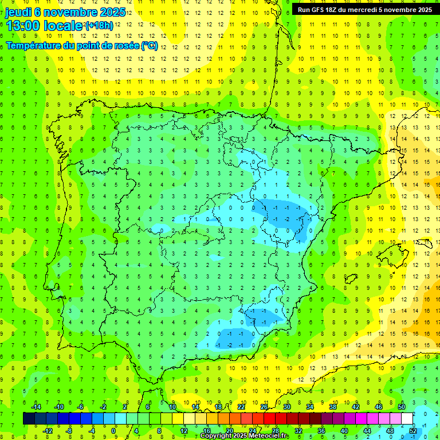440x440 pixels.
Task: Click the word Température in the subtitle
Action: click(x=35, y=46)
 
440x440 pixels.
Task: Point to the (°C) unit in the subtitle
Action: click(x=149, y=46)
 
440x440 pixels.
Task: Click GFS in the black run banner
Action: click(x=319, y=9)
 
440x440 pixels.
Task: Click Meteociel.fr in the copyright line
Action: click(x=268, y=436)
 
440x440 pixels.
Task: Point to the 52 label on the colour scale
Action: click(x=412, y=431)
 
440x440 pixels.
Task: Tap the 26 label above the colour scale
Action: click(x=264, y=406)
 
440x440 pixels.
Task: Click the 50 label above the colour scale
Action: click(x=401, y=406)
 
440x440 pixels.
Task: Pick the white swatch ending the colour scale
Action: click(x=407, y=419)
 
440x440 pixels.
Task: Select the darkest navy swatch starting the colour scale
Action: click(x=29, y=419)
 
